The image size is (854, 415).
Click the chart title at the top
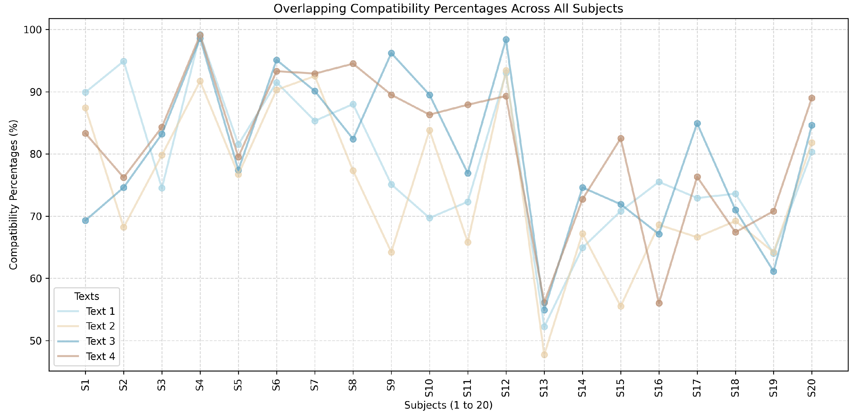[x=448, y=8]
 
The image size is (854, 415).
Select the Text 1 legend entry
[x=100, y=311]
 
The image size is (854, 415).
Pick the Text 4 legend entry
[x=100, y=356]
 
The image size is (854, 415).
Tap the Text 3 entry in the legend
[x=100, y=341]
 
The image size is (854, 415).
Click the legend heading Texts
[x=86, y=296]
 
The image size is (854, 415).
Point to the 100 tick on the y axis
[x=32, y=30]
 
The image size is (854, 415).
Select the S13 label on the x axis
[x=544, y=388]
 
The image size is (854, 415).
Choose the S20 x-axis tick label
[x=811, y=388]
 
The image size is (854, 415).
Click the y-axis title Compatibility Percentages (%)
[x=13, y=195]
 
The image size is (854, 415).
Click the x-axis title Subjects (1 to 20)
[x=448, y=405]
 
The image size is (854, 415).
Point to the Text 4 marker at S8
[x=353, y=64]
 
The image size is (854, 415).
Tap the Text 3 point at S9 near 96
[x=391, y=53]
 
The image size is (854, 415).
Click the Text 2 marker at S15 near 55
[x=621, y=306]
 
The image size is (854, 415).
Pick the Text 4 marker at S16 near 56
[x=659, y=303]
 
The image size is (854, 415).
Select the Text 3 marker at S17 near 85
[x=697, y=123]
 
